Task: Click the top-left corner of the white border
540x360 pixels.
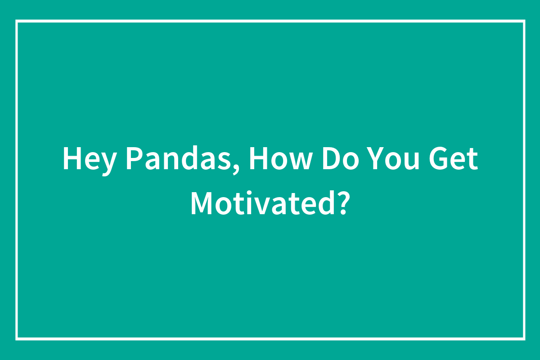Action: click(x=17, y=21)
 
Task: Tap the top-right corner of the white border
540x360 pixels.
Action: click(x=524, y=21)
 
